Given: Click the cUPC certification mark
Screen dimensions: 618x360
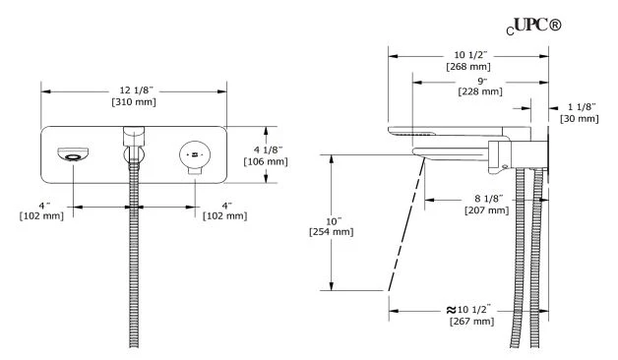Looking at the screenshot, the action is (533, 27).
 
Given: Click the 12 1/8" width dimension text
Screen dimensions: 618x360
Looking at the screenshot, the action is (136, 90).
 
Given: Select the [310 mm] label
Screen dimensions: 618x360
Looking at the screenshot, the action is (134, 102).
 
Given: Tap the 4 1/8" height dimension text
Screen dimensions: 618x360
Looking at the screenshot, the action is (268, 150).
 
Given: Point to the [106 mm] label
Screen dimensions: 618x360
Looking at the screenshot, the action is (266, 161).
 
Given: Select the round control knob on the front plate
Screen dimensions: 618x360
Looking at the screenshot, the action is (195, 154).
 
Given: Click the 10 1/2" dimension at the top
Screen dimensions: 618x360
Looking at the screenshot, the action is (470, 55).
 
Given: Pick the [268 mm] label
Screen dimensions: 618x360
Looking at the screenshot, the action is (468, 67).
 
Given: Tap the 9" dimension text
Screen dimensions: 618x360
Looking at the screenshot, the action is (482, 81).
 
